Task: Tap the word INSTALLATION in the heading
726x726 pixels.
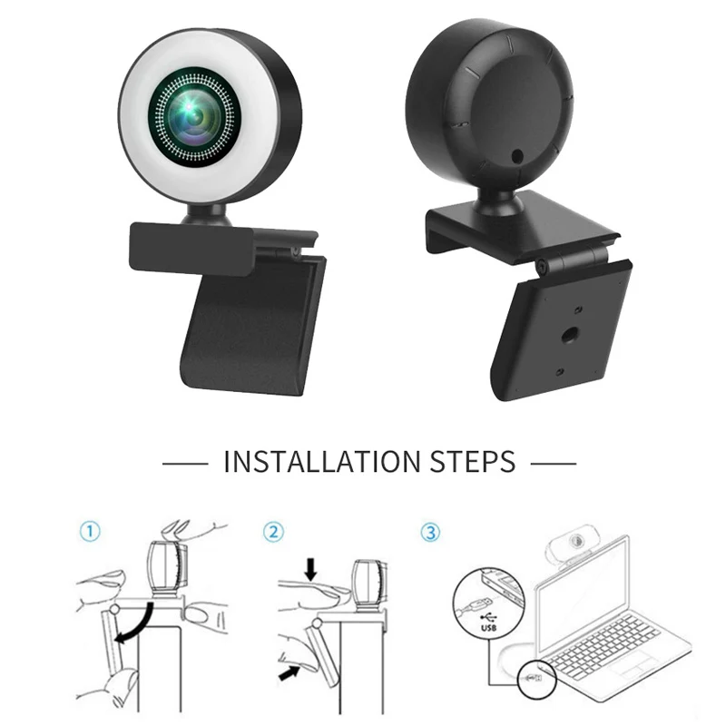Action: (x=322, y=461)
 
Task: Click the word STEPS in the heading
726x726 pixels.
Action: (x=470, y=461)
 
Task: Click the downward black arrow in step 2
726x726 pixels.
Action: (x=311, y=569)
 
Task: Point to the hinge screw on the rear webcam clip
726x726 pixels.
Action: (x=541, y=265)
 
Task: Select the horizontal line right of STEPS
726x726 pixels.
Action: (x=553, y=462)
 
